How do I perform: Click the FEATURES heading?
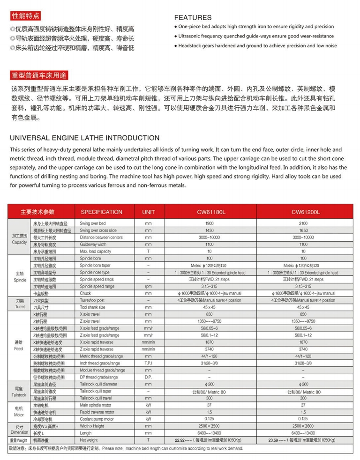(x=193, y=17)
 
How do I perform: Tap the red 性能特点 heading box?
(x=25, y=16)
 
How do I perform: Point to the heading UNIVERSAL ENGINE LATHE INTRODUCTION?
(x=85, y=138)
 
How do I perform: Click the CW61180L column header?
(x=209, y=212)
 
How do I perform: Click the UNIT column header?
(x=148, y=212)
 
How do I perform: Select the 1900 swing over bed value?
(x=209, y=223)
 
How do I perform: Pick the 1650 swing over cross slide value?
(x=303, y=230)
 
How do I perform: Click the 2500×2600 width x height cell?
(x=303, y=426)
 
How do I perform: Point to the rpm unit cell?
(x=148, y=286)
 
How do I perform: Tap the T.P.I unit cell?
(x=148, y=363)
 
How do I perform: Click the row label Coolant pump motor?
(x=97, y=419)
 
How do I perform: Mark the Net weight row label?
(x=89, y=440)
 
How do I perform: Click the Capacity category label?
(x=20, y=242)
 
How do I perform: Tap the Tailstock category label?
(x=19, y=395)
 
